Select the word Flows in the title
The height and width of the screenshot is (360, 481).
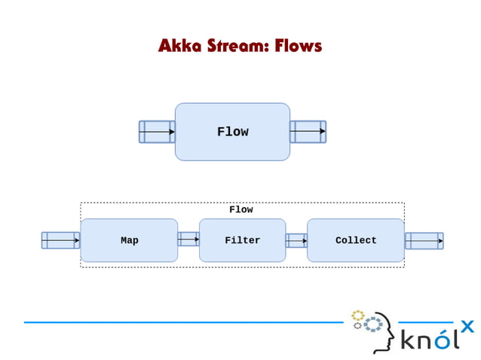coord(298,46)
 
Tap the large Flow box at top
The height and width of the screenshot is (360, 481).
coord(232,132)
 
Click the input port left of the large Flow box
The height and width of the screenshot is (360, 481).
coord(157,132)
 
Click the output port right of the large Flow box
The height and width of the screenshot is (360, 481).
coord(308,132)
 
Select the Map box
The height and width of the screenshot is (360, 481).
coord(129,240)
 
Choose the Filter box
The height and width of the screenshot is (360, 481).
coord(242,240)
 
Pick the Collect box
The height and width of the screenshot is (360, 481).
coord(356,240)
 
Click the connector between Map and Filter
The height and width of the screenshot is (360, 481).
coord(188,239)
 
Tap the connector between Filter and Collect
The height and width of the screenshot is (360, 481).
coord(296,241)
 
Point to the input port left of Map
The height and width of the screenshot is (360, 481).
coord(60,240)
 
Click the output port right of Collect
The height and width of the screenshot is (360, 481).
coord(424,241)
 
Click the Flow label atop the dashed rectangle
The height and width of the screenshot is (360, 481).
coord(241,210)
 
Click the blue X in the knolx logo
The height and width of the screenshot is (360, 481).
coord(467,326)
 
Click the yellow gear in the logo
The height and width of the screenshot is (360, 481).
coord(358,315)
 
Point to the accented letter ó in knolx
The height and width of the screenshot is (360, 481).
coord(446,340)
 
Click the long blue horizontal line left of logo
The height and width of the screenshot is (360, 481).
coord(181,322)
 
